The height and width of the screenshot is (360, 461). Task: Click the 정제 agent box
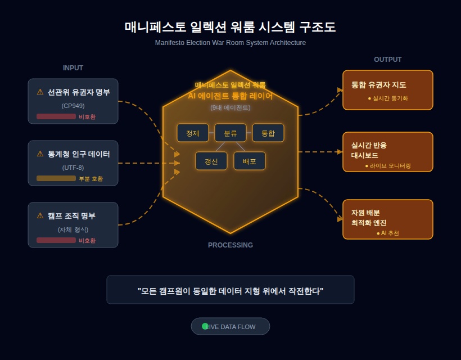tap(193, 133)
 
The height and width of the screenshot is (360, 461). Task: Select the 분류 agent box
tap(230, 133)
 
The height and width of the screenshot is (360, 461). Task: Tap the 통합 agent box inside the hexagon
tap(268, 133)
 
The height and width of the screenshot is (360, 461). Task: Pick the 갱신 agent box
tap(211, 161)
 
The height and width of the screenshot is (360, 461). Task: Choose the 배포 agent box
tap(249, 161)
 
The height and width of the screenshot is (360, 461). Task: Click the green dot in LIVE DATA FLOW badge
tap(205, 326)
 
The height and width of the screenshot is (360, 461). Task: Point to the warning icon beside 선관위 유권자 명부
tap(40, 92)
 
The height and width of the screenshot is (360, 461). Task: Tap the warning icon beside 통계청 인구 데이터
tap(40, 154)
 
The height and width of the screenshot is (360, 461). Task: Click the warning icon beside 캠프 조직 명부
tap(40, 215)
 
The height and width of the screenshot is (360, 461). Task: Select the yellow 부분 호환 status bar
tap(56, 178)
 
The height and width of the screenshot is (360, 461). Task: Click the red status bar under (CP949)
tap(56, 116)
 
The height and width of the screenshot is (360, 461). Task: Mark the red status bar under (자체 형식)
tap(56, 240)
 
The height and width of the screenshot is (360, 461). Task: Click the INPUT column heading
tap(73, 68)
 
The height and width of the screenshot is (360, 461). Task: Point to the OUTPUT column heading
tap(387, 60)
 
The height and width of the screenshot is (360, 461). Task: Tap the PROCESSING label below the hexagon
tap(230, 245)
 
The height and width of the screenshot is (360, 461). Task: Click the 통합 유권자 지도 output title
tap(379, 85)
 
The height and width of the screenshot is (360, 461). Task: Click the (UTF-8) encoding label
tap(73, 168)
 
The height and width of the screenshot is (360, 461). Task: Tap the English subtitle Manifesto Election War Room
tap(230, 43)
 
